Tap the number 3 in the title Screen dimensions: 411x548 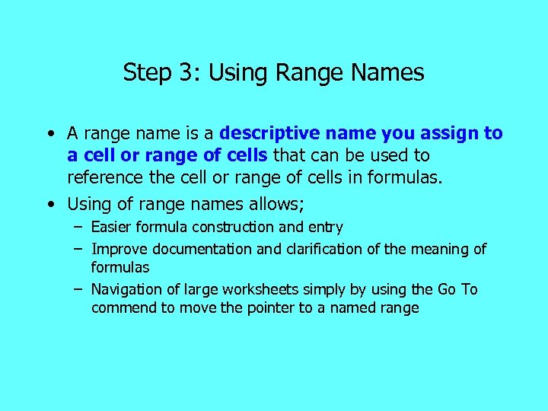[x=185, y=73]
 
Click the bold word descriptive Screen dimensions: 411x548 [x=266, y=134]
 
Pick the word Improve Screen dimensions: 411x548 [x=119, y=249]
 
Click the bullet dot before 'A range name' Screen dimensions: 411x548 [x=49, y=135]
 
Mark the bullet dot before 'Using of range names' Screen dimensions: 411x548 [x=49, y=205]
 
